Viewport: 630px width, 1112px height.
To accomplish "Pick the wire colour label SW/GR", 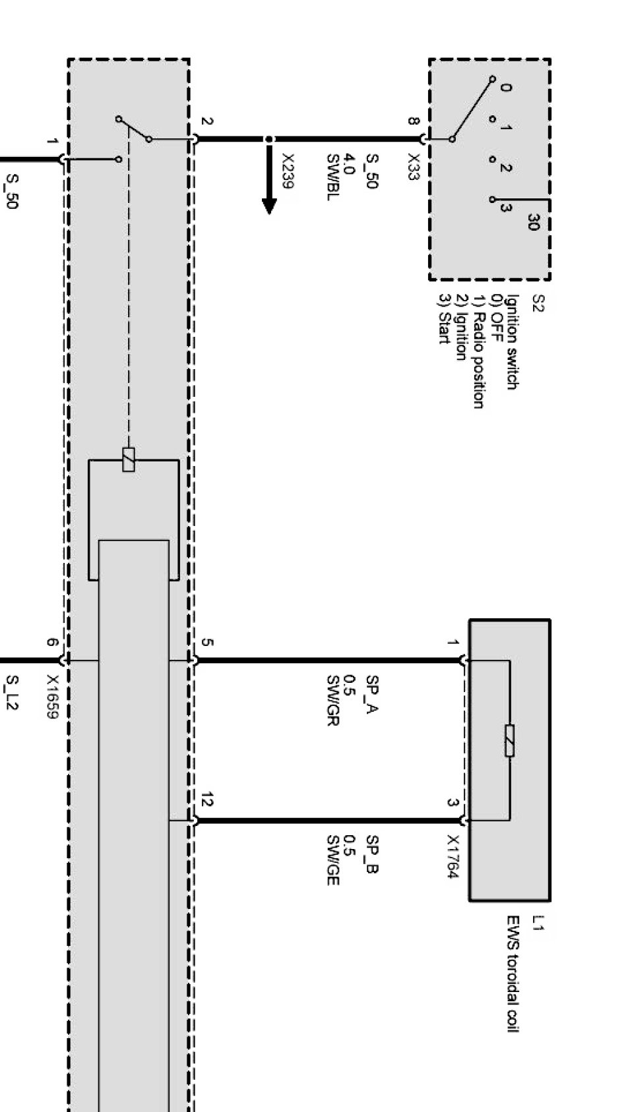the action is point(332,700).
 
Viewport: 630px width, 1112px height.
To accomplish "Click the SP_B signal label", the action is point(372,855).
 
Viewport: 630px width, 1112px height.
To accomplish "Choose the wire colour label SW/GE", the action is point(332,860).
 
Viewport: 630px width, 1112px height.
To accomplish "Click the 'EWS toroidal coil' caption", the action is point(513,974).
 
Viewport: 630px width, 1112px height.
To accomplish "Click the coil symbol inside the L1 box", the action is point(509,740).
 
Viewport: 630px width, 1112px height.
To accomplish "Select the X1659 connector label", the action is point(53,697).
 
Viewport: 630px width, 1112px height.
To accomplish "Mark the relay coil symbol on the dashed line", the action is point(129,459).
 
